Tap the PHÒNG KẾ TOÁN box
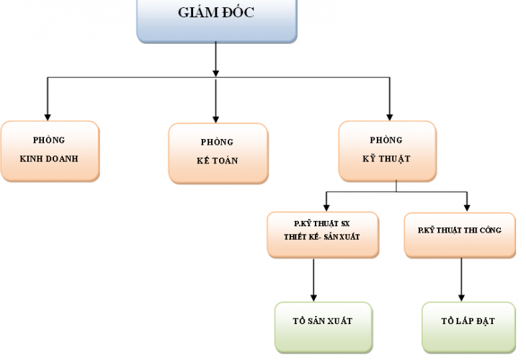218,152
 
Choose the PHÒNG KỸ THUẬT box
387,150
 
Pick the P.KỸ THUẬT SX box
323,234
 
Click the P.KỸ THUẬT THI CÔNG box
460,234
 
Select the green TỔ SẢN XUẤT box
324,328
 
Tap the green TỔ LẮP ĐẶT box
468,328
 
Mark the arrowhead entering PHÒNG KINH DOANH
48,115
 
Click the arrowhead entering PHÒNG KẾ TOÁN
215,117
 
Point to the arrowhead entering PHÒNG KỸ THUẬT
390,115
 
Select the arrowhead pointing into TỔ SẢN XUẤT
313,297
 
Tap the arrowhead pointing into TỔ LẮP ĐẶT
461,297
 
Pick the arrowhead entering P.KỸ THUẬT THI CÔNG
466,207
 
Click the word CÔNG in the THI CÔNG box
491,230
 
